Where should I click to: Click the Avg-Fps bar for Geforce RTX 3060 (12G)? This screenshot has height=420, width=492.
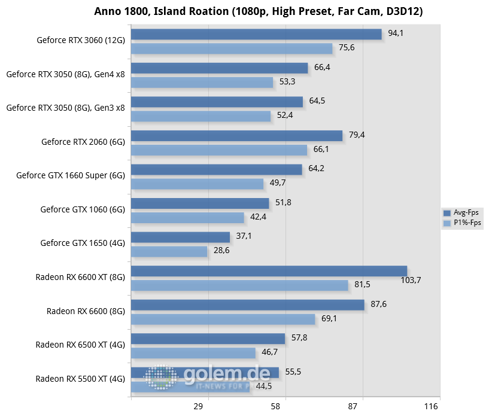pos(256,34)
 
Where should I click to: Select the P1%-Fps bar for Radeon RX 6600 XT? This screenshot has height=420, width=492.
pos(239,285)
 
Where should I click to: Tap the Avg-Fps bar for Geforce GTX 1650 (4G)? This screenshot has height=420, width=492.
pos(180,237)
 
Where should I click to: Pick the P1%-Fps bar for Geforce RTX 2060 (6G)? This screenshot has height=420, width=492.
pos(218,150)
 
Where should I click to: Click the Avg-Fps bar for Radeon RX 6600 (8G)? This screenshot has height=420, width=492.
pos(247,305)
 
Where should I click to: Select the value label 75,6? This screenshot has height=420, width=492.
pos(347,48)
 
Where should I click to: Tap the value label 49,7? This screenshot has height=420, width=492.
pos(278,182)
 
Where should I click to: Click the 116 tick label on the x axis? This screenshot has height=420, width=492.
pos(431,407)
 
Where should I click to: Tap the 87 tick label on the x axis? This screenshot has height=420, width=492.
pos(353,407)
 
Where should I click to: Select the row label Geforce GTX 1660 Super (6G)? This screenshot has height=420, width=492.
pos(71,176)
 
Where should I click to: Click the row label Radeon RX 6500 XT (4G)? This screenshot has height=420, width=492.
pos(80,345)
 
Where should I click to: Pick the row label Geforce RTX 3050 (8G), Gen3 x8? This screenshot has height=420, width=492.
pos(66,108)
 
